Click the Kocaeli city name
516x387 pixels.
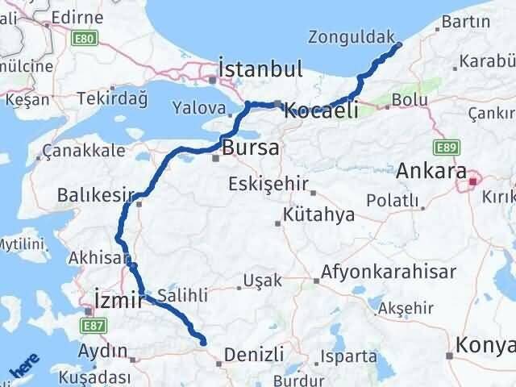(321, 111)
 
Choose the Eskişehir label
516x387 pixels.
(268, 184)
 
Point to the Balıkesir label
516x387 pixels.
(94, 194)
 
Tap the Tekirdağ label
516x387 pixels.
(112, 98)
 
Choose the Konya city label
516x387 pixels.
(484, 345)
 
